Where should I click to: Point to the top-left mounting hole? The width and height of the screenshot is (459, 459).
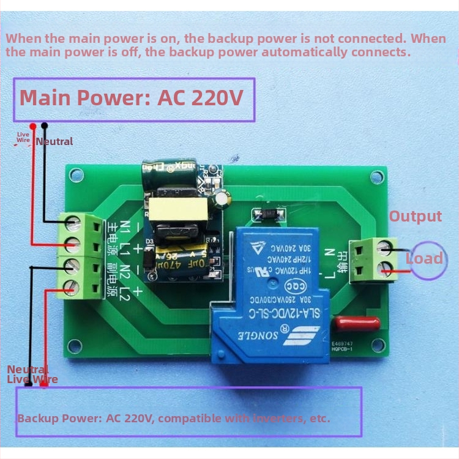[x=75, y=176]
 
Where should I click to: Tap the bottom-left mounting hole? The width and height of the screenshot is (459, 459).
[x=75, y=346]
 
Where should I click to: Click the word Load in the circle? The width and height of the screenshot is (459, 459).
[x=424, y=258]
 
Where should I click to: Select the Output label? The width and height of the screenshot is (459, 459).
[x=416, y=216]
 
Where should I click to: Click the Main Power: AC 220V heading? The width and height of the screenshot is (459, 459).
[x=132, y=98]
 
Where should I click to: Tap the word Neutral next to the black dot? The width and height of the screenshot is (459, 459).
[x=54, y=141]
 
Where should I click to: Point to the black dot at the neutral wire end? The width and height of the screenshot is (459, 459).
[x=45, y=125]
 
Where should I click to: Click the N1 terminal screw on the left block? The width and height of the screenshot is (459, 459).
[x=75, y=220]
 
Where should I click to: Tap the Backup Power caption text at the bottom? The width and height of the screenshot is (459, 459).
[x=173, y=419]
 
